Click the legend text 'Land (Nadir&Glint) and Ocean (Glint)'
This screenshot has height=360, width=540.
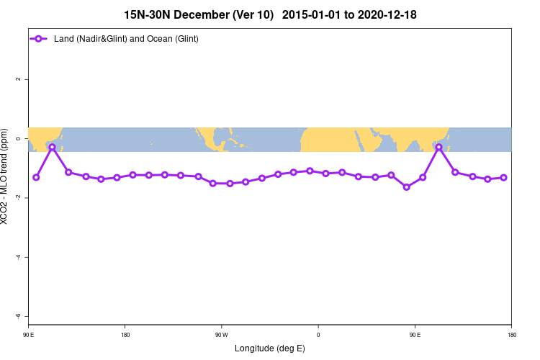click(x=126, y=38)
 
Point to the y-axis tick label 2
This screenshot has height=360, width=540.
click(x=18, y=79)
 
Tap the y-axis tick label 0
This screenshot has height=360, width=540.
click(x=18, y=138)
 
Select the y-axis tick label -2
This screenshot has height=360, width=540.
click(x=18, y=197)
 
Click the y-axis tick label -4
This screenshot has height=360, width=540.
click(x=18, y=257)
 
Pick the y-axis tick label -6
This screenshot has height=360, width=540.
click(x=18, y=316)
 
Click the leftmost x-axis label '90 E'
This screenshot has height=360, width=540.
click(x=28, y=335)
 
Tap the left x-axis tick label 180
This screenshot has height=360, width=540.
click(x=125, y=335)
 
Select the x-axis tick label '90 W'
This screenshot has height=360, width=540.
click(x=221, y=335)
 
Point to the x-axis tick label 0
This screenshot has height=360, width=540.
click(x=318, y=335)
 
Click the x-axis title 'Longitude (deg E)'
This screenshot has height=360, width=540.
click(x=270, y=348)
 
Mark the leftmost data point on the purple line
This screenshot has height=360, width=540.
click(x=36, y=177)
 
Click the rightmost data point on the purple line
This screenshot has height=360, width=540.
click(x=504, y=177)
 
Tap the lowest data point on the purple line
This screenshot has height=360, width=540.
click(x=407, y=187)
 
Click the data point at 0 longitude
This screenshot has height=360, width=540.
click(x=310, y=171)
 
